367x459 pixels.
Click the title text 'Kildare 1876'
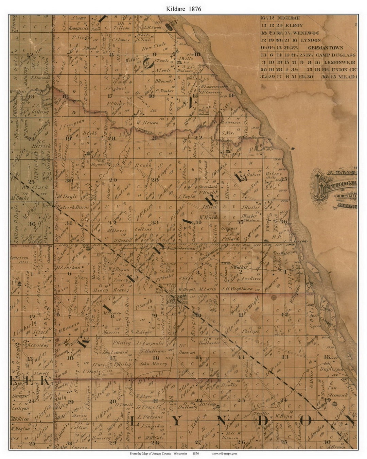click(183, 9)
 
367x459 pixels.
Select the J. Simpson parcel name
click(72, 125)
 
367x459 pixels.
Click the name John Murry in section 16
click(153, 363)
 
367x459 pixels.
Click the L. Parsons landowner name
click(150, 416)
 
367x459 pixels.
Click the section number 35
click(241, 222)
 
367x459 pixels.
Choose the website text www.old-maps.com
click(224, 453)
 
